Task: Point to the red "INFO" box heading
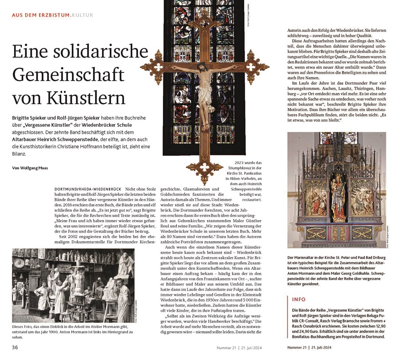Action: tap(299, 299)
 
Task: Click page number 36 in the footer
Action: tap(15, 347)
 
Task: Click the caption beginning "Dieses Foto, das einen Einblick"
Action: tap(73, 331)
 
